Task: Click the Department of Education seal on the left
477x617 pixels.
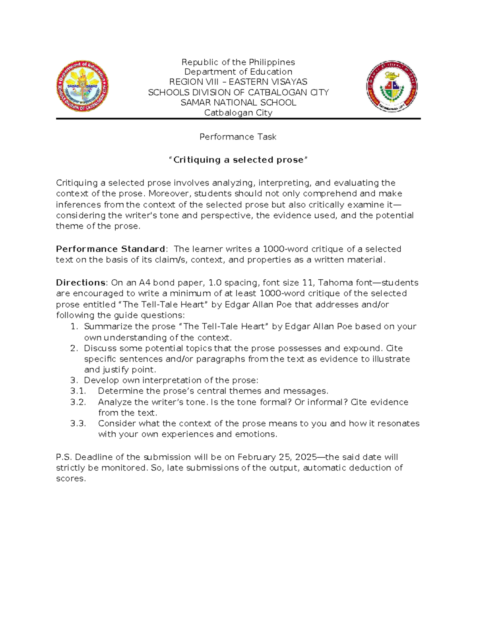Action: (82, 86)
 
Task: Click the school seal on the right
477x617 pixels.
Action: (392, 86)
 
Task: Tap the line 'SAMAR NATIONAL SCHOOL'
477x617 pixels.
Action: (238, 103)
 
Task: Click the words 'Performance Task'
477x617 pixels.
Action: (238, 137)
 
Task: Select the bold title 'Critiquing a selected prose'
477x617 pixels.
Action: (238, 160)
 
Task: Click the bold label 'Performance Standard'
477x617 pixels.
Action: (111, 249)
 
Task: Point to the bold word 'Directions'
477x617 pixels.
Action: (81, 283)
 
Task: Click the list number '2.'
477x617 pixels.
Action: (74, 348)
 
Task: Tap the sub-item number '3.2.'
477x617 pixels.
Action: (78, 402)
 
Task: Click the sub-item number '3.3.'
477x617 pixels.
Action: (78, 424)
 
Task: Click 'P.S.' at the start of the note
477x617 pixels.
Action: (64, 457)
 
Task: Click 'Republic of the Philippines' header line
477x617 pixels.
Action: (238, 62)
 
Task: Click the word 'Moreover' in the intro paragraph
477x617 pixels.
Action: (166, 193)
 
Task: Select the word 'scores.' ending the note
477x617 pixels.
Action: (71, 479)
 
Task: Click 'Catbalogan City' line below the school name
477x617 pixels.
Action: (238, 113)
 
